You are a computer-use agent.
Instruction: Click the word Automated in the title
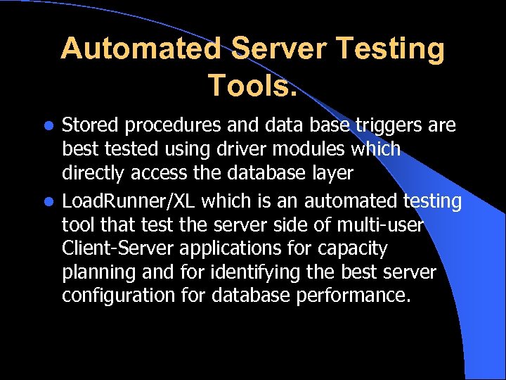141,50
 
